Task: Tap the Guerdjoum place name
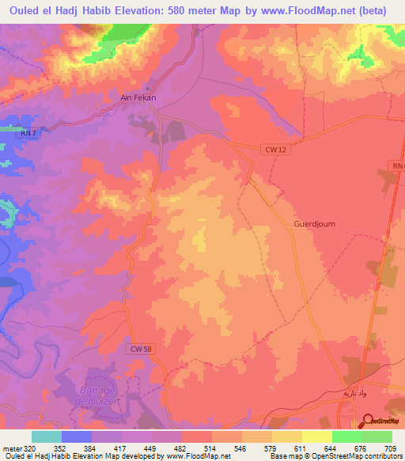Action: click(315, 224)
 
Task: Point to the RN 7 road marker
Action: click(27, 134)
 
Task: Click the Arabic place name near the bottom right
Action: click(354, 394)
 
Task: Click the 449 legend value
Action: click(152, 448)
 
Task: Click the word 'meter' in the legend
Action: click(11, 448)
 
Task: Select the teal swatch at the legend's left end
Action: click(47, 436)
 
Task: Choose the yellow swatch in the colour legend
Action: click(316, 436)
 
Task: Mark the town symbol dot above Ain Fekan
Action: click(150, 87)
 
